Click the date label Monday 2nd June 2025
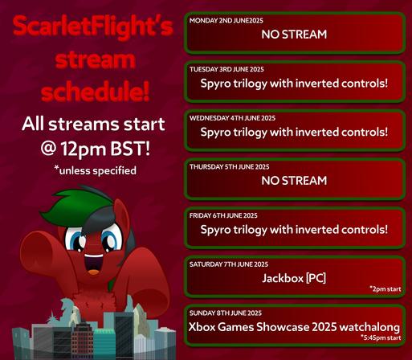pyautogui.click(x=226, y=21)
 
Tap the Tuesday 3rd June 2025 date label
pyautogui.click(x=226, y=69)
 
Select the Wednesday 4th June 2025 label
pyautogui.click(x=232, y=118)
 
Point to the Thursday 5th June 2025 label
pyautogui.click(x=230, y=167)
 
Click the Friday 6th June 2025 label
pyautogui.click(x=223, y=215)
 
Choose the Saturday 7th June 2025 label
pyautogui.click(x=229, y=264)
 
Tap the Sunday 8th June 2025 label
pyautogui.click(x=226, y=313)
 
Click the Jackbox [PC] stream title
pyautogui.click(x=294, y=278)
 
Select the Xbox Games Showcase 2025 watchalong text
pyautogui.click(x=294, y=327)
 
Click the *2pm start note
pyautogui.click(x=385, y=289)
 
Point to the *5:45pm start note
pyautogui.click(x=381, y=337)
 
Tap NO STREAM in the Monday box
pyautogui.click(x=294, y=35)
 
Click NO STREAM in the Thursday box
pyautogui.click(x=294, y=181)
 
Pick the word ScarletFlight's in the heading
pyautogui.click(x=93, y=27)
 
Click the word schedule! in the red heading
pyautogui.click(x=95, y=91)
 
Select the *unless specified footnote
pyautogui.click(x=95, y=170)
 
